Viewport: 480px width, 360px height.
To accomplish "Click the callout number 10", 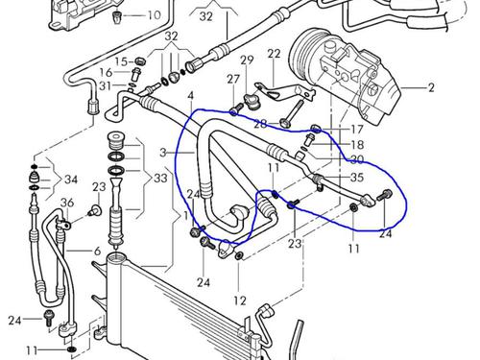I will coord(154,15).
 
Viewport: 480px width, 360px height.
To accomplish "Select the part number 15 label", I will coord(122,60).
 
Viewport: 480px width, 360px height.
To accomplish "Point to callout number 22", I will coord(274,54).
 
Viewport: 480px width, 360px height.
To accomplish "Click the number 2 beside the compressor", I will coord(431,88).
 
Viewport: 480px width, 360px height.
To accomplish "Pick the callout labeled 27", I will coord(233,78).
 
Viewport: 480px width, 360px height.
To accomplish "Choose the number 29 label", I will coord(247,60).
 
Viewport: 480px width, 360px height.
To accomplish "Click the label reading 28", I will coord(259,125).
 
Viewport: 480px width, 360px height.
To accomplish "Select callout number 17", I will coord(357,128).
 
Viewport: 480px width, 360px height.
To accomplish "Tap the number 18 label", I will coord(357,144).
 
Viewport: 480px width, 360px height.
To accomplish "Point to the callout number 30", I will coord(357,159).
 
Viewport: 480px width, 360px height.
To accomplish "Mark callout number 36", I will coord(65,202).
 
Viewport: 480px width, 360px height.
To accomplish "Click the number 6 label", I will coord(96,251).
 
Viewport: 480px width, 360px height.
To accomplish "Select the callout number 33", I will coord(159,179).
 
